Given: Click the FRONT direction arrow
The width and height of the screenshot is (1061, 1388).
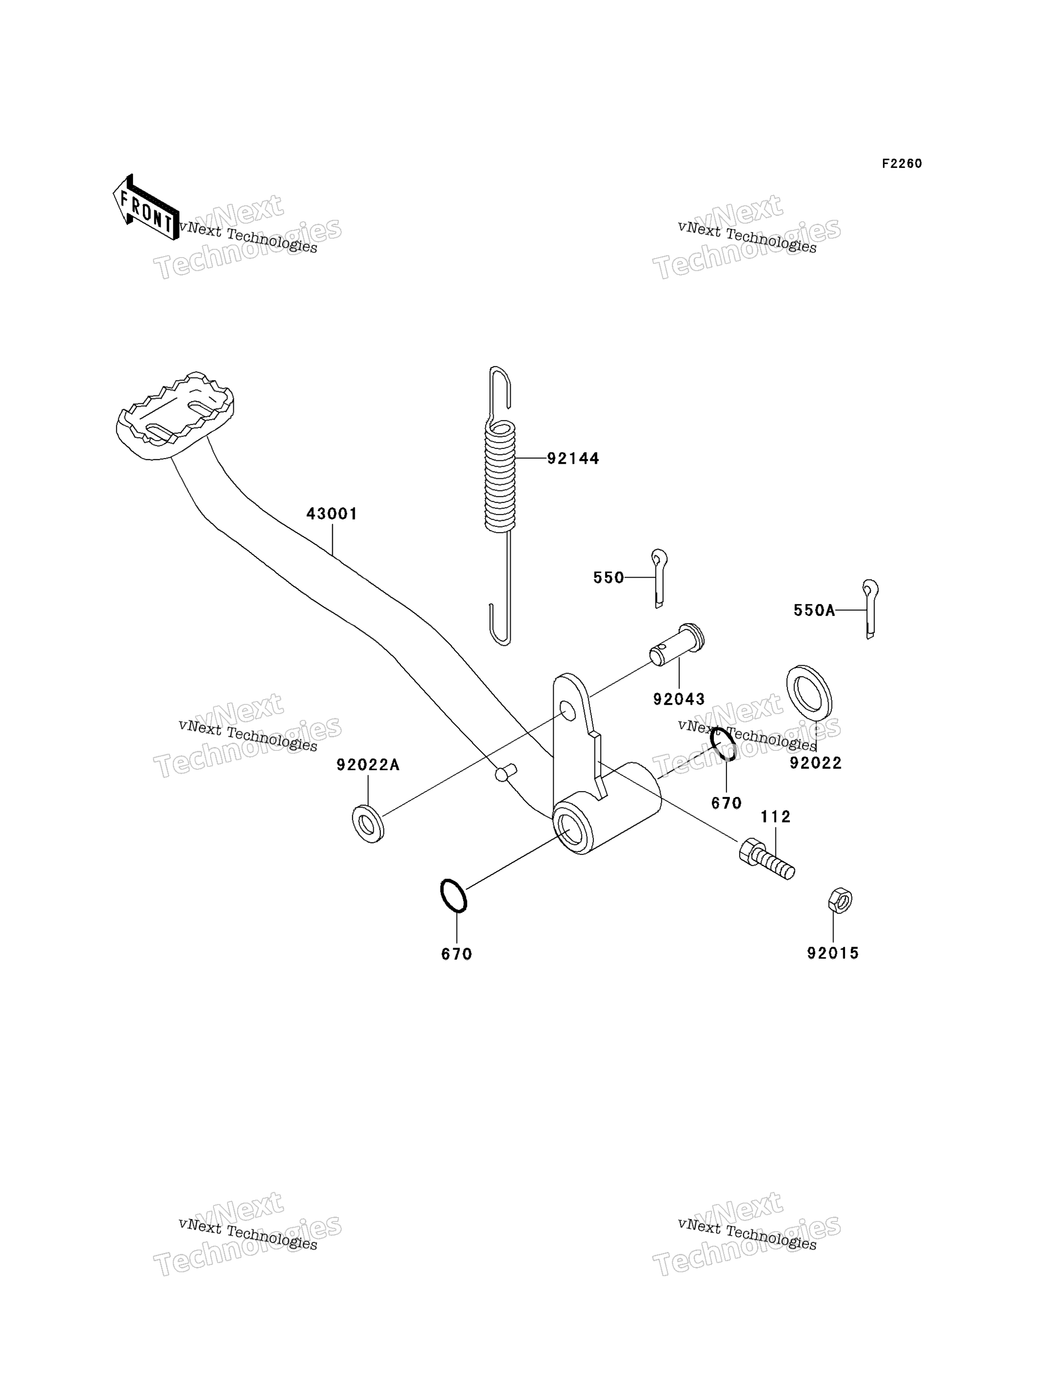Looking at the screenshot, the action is (145, 208).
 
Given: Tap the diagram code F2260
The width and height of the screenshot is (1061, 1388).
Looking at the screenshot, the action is (902, 164).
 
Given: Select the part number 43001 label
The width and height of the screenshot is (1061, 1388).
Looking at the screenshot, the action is (332, 514).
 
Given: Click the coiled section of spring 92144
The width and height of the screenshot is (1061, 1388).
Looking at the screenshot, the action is (500, 476).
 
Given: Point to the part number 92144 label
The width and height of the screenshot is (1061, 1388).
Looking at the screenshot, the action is (573, 458).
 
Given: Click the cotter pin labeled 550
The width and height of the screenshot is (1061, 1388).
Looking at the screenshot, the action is (659, 578).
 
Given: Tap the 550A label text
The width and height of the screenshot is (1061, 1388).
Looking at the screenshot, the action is (814, 610).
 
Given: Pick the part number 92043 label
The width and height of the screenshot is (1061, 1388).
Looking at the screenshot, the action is (679, 700).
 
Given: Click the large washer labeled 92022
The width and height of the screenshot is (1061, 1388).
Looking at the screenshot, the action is (809, 692).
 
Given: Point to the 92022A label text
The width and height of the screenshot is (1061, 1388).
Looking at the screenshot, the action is (368, 765).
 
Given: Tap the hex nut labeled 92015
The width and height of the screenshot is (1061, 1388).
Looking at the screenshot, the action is (840, 900).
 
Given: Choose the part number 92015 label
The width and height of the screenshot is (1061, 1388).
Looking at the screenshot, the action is (833, 953).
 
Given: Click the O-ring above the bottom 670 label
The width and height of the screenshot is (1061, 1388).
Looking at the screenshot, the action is (454, 896).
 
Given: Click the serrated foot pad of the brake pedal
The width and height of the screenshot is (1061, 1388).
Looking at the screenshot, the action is (175, 415).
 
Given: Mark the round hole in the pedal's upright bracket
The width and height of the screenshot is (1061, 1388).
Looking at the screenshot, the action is (568, 710).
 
